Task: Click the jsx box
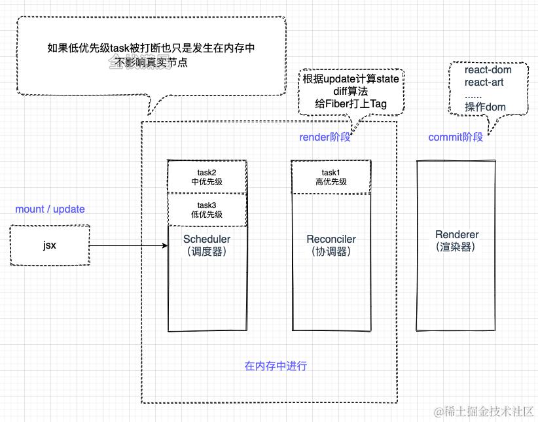50,245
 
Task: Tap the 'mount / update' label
50,209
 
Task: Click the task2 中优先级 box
207,177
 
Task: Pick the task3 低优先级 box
207,210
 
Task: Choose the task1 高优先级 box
331,177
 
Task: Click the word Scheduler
207,239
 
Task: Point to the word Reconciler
331,239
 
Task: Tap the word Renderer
457,235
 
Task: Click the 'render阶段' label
325,137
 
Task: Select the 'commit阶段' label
456,137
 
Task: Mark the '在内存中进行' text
276,366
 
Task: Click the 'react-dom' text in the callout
488,70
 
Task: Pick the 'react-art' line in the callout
485,82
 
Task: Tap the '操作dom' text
485,107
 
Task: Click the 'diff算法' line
351,92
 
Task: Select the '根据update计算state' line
351,79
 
